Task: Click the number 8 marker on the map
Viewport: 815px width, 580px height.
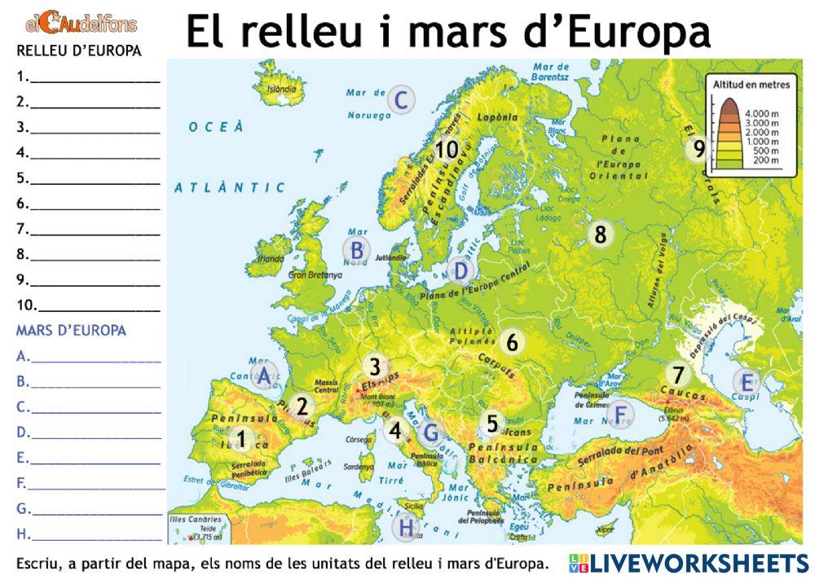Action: pos(601,235)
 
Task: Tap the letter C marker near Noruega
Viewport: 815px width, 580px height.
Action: pos(399,101)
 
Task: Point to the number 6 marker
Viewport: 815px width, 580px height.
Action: pos(511,343)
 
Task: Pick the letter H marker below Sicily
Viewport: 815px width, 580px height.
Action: pos(406,528)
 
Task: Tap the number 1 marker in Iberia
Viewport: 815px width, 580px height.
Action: pos(241,438)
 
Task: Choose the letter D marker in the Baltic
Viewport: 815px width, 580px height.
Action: pos(460,271)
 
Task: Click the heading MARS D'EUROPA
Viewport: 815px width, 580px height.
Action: pos(71,331)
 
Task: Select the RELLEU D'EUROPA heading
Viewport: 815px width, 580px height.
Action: pos(78,51)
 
